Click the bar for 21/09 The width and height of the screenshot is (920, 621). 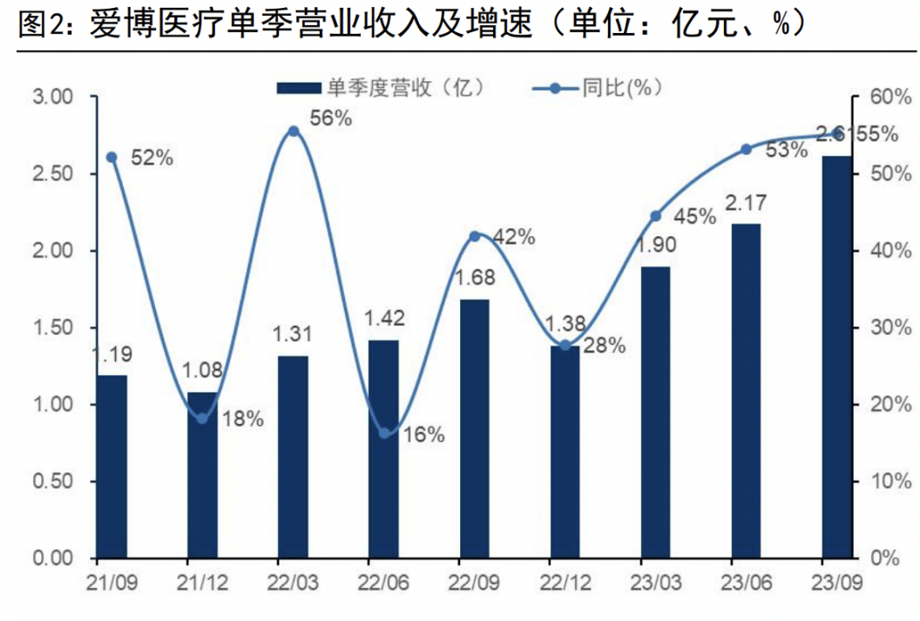click(x=112, y=466)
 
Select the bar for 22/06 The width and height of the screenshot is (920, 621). click(x=383, y=449)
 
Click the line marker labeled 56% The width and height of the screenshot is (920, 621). click(x=294, y=132)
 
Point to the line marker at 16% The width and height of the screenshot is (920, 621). click(x=384, y=433)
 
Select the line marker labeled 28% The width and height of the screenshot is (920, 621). click(x=565, y=346)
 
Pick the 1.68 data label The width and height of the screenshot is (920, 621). click(x=474, y=279)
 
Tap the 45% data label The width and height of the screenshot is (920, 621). click(x=694, y=217)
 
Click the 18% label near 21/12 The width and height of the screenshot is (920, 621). click(x=242, y=419)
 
